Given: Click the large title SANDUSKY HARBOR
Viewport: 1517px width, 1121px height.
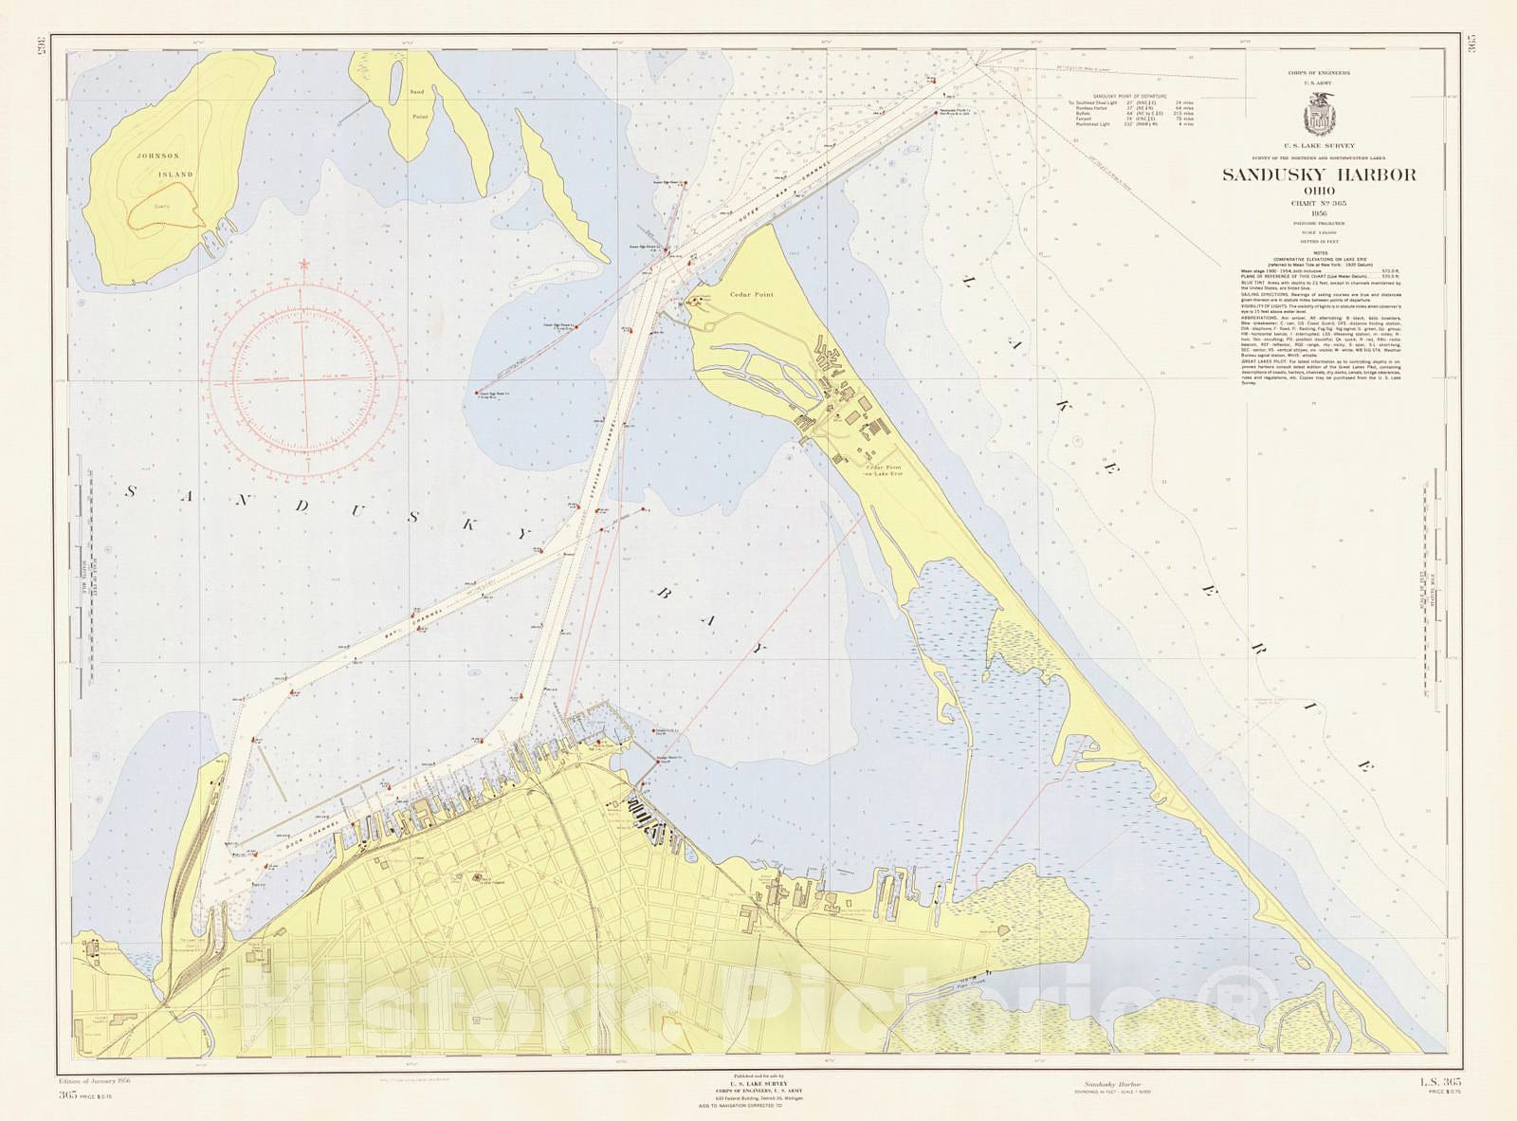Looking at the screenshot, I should coord(1319,175).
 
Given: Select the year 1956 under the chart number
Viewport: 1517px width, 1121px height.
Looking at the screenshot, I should coord(1319,213).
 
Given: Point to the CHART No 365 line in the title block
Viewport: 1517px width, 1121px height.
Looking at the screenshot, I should coord(1319,203).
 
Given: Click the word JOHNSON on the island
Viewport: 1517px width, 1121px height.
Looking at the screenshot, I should coord(157,156).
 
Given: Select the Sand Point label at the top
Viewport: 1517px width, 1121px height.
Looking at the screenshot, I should coord(418,104).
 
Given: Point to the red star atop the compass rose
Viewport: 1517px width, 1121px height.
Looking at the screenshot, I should coord(304,264).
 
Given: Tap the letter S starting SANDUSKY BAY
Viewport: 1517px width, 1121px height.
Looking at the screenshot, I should coord(133,490).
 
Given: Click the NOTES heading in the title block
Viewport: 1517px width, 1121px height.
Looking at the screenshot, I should coord(1319,252).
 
